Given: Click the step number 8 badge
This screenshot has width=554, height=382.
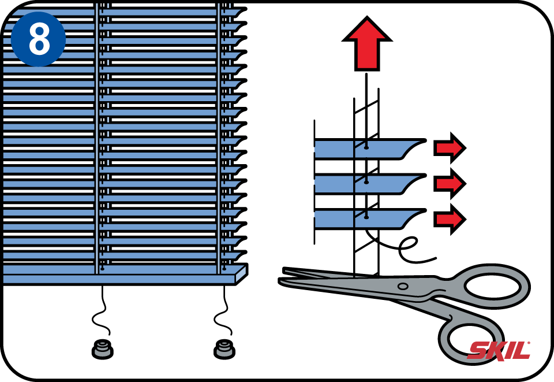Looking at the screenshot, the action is [38, 39].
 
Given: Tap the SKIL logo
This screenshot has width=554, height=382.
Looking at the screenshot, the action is [499, 351].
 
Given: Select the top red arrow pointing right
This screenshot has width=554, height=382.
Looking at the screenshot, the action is [450, 148].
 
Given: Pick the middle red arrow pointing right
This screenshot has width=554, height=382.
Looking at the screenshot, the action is [450, 184].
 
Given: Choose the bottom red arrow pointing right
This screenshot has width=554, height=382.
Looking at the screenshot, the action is [450, 219].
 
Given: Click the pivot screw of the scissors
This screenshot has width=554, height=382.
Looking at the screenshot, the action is [402, 286].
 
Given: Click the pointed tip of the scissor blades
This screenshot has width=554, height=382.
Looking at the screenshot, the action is [280, 280].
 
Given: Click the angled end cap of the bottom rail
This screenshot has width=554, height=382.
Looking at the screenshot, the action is [242, 274].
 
